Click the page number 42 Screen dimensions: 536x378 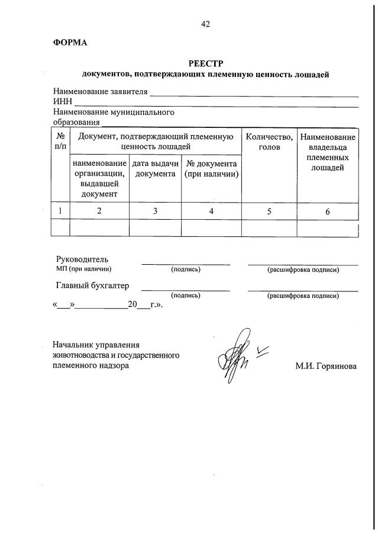pos(205,24)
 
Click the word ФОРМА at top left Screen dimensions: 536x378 pos(70,43)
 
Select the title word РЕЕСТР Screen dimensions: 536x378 pos(205,63)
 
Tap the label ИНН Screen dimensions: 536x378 pos(62,102)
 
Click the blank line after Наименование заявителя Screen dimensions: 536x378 pos(254,95)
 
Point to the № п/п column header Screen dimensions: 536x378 pos(60,140)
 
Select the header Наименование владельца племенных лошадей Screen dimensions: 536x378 pos(328,153)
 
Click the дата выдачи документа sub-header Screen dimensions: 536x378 pos(155,169)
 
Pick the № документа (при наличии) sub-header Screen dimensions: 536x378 pos(211,169)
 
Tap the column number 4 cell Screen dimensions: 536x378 pos(211,211)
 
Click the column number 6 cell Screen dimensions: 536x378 pos(328,211)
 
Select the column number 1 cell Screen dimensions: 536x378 pos(60,211)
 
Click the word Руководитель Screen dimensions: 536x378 pos(82,259)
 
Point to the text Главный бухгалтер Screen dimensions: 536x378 pos(92,285)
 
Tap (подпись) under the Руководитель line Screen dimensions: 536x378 pos(186,270)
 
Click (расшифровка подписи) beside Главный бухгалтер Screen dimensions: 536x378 pos(303,296)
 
